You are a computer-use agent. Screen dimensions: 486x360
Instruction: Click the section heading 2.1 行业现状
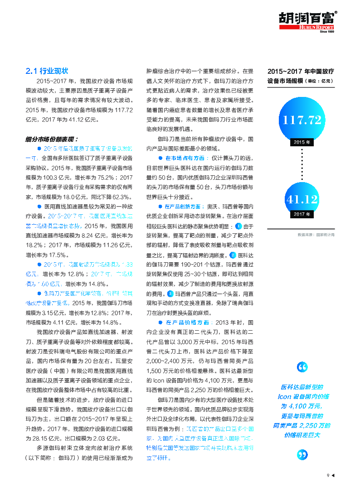47,71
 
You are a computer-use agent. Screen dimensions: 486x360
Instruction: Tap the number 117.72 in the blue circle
302,120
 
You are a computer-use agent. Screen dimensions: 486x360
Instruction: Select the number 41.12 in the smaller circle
302,200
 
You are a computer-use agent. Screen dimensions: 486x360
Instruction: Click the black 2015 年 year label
302,142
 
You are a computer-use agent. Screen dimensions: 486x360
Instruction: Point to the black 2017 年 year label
302,214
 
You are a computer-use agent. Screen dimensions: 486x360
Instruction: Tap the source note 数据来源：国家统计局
316,235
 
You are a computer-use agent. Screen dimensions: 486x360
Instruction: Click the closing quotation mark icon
302,454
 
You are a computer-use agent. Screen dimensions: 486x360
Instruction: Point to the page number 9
327,475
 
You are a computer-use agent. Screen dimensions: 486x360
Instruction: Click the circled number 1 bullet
238,226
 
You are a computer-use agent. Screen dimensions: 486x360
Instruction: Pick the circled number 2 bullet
233,255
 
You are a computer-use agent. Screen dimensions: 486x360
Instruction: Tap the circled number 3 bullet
170,294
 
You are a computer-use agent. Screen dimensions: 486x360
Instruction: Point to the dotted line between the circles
302,165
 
